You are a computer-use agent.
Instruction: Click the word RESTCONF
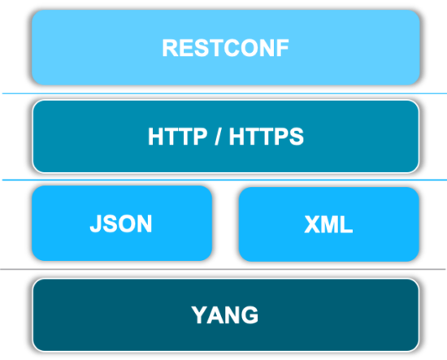(225, 48)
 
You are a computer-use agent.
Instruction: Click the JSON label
(121, 224)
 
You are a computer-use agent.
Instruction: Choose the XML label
(328, 225)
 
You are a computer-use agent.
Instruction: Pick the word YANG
(225, 314)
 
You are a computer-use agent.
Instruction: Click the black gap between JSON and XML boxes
(225, 224)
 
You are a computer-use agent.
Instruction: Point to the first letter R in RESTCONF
(169, 48)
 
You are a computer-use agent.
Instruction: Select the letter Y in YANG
(198, 314)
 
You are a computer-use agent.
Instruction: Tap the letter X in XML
(311, 225)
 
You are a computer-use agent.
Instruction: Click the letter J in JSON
(95, 224)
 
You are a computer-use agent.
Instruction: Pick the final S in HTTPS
(297, 137)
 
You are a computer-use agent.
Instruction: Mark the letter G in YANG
(250, 314)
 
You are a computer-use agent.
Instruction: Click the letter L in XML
(347, 225)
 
